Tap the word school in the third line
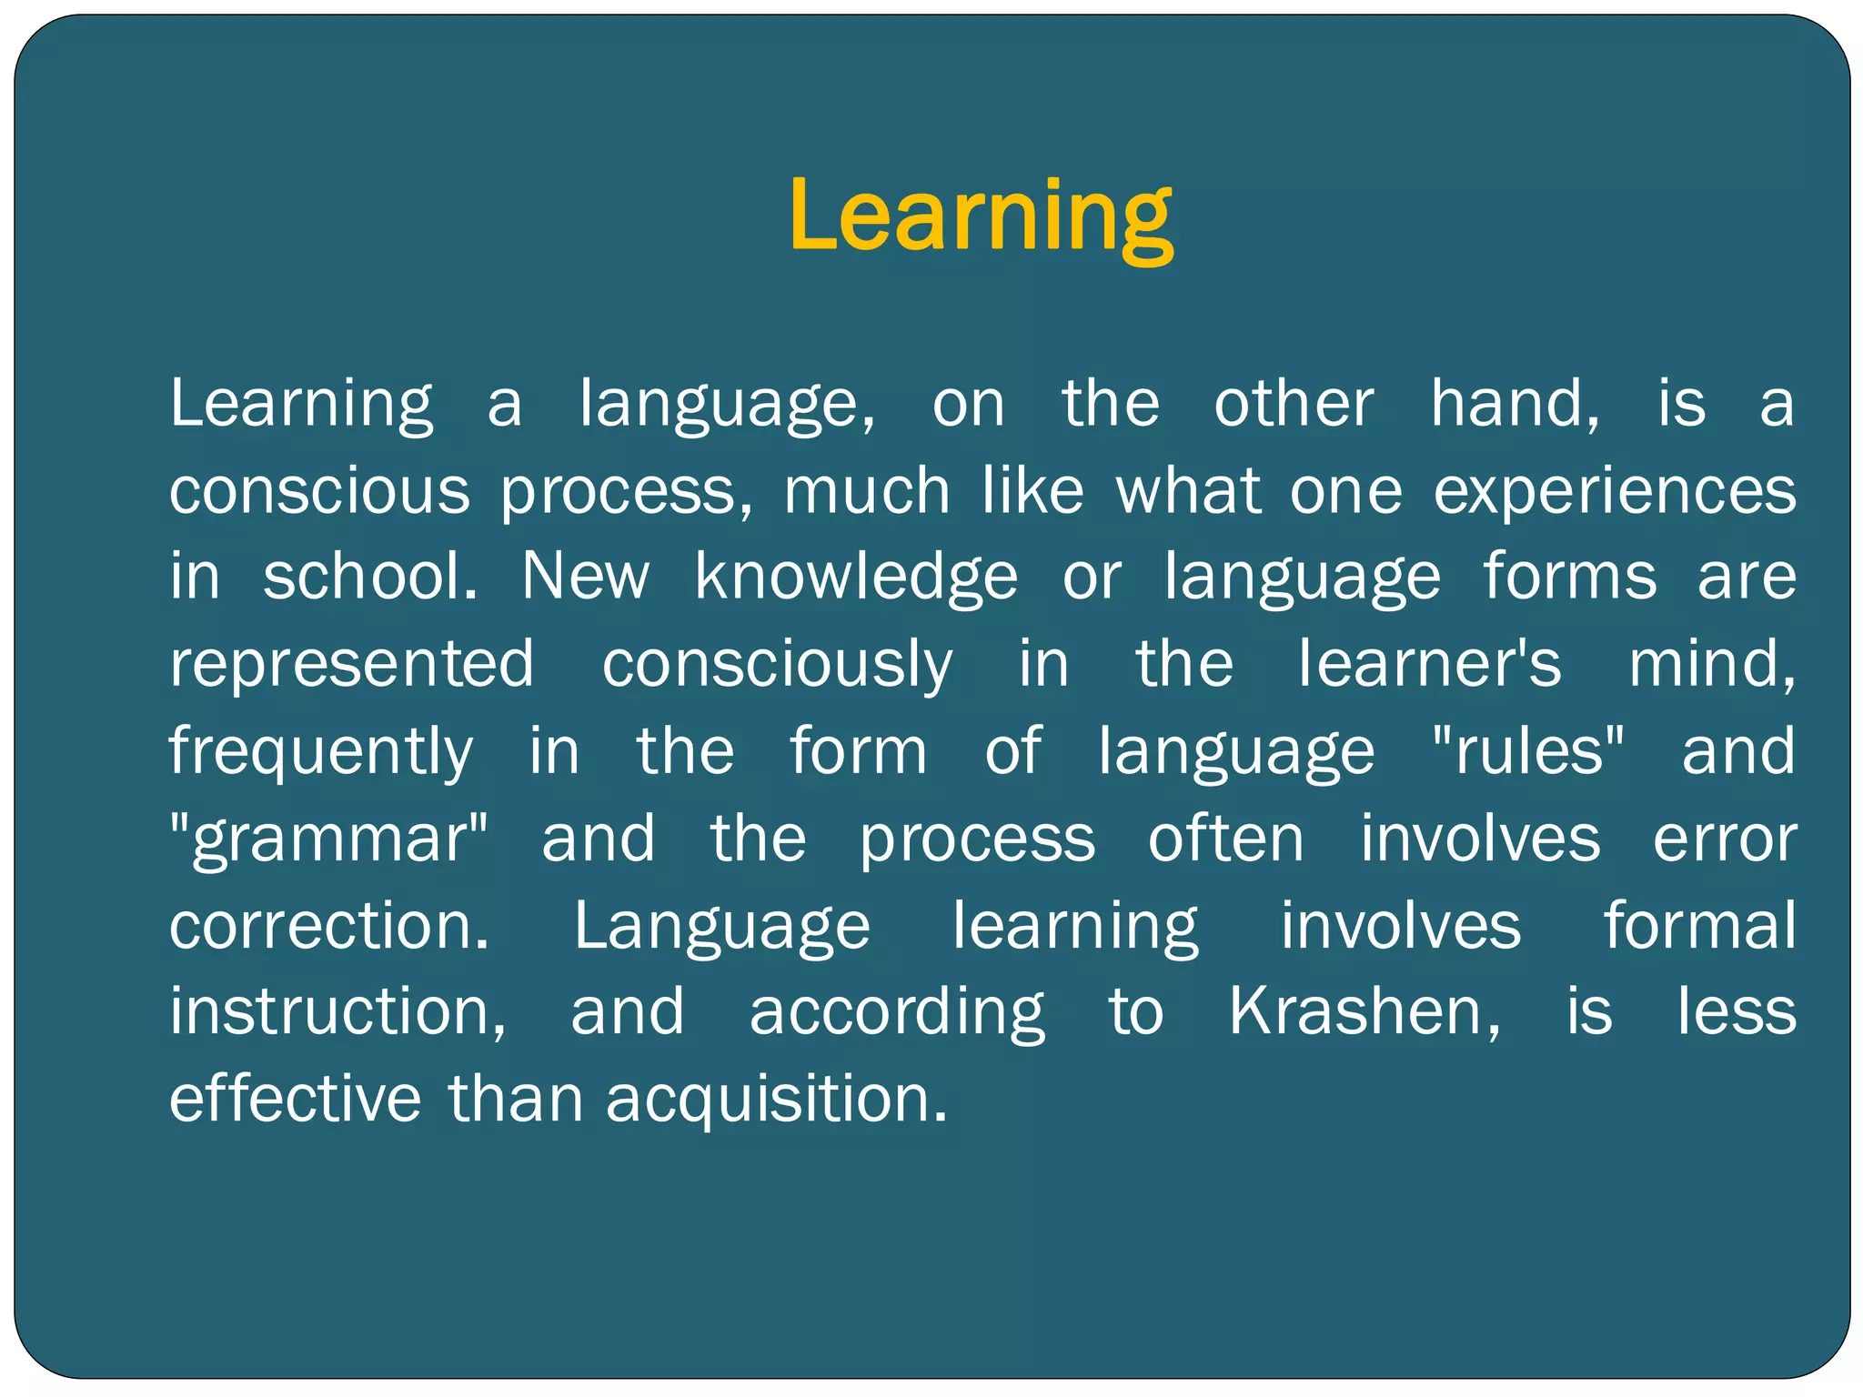369,577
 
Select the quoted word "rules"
1527,751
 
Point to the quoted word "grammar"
329,839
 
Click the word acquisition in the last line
776,1099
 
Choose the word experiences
1615,491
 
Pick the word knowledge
856,577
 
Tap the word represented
352,663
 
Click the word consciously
777,663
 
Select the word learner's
1429,663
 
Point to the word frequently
321,751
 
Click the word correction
328,926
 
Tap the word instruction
337,1011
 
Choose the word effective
296,1099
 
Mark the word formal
1699,926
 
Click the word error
1725,839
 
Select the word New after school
585,577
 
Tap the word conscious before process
319,491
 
